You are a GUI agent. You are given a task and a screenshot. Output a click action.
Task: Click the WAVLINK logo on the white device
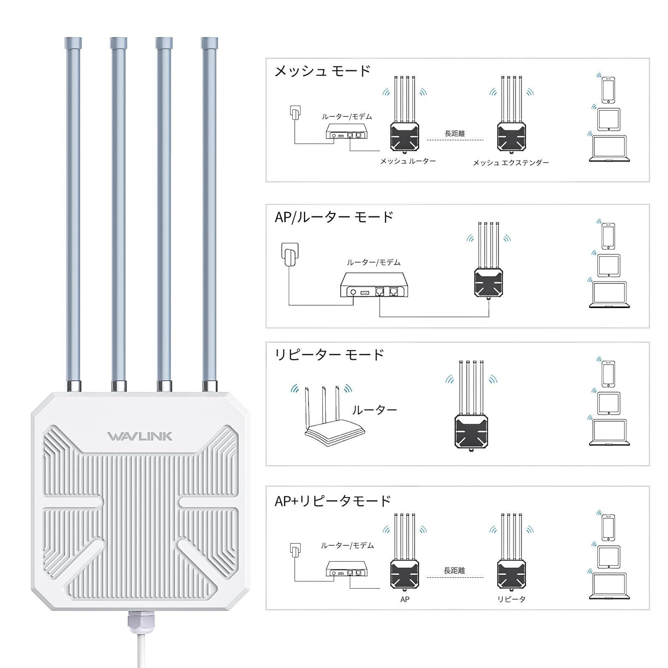click(140, 437)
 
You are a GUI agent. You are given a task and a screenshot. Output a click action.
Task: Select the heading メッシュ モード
click(322, 71)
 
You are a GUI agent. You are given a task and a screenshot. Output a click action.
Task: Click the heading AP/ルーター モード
click(334, 217)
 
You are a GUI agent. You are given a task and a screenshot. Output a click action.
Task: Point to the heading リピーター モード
click(329, 355)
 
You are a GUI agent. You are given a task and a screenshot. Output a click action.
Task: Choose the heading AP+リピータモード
click(333, 501)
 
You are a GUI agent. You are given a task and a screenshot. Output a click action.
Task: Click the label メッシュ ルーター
click(407, 161)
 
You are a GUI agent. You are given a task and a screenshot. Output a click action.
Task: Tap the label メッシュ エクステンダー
click(511, 163)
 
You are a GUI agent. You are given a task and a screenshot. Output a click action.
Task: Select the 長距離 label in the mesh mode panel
click(455, 134)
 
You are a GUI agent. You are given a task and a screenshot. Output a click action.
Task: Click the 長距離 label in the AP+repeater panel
click(455, 570)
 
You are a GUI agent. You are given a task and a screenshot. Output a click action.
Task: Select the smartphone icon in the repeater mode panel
click(608, 374)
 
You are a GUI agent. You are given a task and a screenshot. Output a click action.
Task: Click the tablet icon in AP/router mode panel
click(609, 265)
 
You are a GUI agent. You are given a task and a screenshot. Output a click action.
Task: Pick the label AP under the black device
click(405, 599)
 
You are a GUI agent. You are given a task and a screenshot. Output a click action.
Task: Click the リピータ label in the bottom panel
click(511, 599)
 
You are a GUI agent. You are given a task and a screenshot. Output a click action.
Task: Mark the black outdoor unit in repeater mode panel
click(471, 432)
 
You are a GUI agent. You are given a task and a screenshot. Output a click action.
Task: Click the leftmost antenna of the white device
click(73, 209)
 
